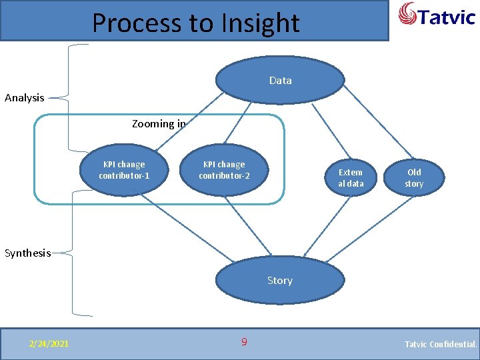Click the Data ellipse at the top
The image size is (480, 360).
point(280,80)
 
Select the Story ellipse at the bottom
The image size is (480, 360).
point(280,280)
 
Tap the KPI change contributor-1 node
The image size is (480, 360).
point(124,170)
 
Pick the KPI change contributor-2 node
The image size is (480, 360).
point(224,170)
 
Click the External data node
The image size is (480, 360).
point(351,177)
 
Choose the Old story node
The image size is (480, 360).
point(414,177)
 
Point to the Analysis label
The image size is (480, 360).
point(25,98)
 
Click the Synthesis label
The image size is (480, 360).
point(27,253)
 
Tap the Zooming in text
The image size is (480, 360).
point(159,123)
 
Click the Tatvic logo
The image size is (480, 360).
point(437,15)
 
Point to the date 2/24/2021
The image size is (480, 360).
point(48,343)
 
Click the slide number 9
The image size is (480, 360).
point(244,342)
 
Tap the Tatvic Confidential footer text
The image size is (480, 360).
point(441,344)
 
